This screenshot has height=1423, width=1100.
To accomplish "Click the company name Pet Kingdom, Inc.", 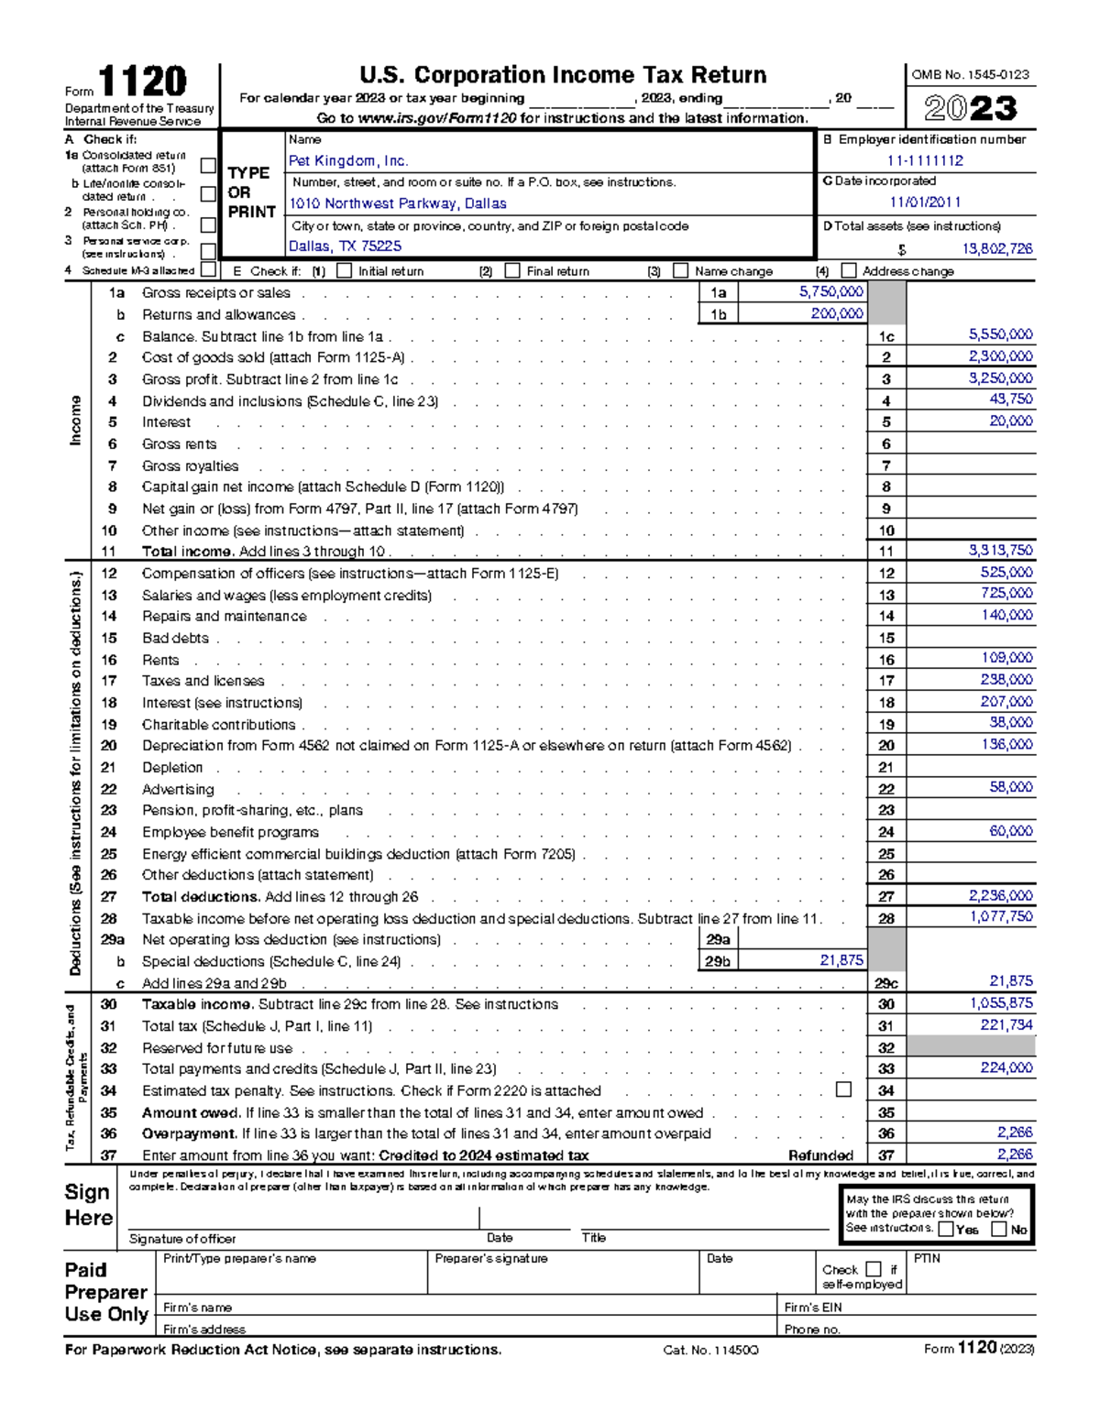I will click(x=348, y=161).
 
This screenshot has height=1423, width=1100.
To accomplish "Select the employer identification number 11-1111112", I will click(x=925, y=161).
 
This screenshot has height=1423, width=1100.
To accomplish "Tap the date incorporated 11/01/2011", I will click(x=925, y=203).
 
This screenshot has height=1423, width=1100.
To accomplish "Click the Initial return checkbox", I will click(x=345, y=271).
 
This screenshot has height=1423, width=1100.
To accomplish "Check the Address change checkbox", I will click(x=849, y=271).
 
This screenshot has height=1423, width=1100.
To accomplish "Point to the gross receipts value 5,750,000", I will click(x=830, y=292).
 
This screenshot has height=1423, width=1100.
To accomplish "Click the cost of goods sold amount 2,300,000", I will click(x=1000, y=356).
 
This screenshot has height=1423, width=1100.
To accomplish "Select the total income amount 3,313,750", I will click(x=1000, y=551).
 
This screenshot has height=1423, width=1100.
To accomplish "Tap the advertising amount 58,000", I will click(x=1010, y=788).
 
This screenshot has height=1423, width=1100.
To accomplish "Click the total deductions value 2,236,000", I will click(x=1000, y=896).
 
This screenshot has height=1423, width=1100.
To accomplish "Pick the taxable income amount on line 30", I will click(x=1000, y=1004).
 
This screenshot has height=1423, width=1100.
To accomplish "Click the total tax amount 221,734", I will click(x=1006, y=1025).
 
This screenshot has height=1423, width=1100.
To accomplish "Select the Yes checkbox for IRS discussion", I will click(x=946, y=1230).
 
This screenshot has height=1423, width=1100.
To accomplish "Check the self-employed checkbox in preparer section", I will click(x=873, y=1269).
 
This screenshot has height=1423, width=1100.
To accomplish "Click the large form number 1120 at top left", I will click(x=142, y=82).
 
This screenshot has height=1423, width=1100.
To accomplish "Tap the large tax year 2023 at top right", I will click(x=971, y=109).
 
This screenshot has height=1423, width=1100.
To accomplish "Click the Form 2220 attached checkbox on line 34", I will click(x=843, y=1089).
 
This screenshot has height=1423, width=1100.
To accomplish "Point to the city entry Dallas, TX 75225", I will click(x=346, y=246).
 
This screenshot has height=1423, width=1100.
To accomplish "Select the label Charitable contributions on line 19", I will click(x=218, y=725).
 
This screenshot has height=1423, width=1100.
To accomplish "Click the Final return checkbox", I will click(x=512, y=271).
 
